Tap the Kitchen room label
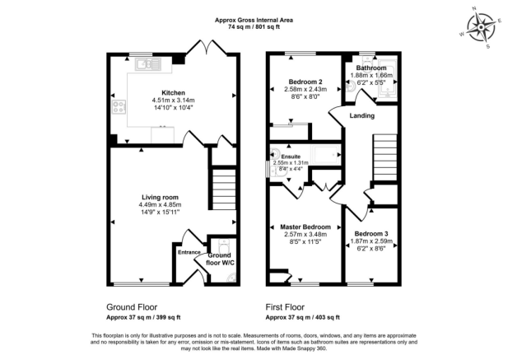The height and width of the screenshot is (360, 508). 174,93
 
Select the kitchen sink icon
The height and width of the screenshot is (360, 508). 148,64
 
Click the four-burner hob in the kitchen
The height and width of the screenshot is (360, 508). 119,106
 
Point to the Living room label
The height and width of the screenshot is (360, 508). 160,198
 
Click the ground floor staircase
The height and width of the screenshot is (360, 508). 224,189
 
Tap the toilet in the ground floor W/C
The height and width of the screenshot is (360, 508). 224,246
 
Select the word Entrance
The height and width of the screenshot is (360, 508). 189,252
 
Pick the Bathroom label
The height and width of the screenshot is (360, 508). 371,68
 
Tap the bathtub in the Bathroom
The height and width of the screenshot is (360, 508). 388,79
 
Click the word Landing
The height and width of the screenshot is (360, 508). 362,115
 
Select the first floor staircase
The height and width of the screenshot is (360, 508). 385,158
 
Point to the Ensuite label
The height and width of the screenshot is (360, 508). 291,157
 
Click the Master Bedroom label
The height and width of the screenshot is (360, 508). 305,227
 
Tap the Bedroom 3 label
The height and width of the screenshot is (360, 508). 371,234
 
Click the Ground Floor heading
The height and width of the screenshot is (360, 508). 132,307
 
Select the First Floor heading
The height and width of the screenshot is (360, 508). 285,307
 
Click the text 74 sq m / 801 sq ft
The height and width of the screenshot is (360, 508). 254,27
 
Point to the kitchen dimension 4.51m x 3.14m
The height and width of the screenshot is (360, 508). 174,101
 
